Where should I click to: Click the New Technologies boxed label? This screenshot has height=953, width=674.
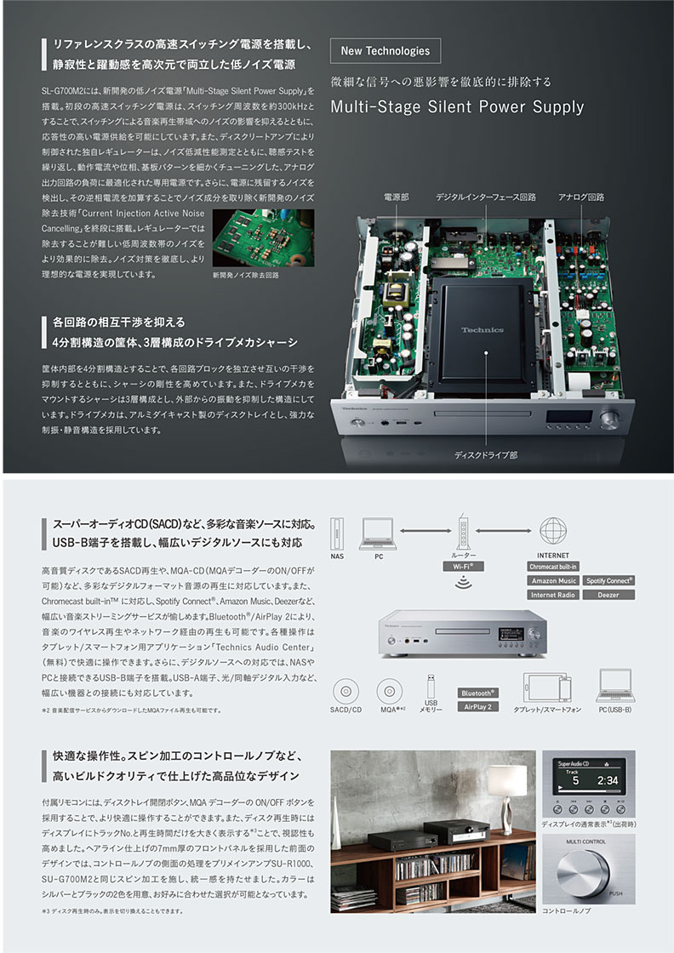click(x=385, y=50)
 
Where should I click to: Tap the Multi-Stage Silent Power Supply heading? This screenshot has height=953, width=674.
click(x=457, y=107)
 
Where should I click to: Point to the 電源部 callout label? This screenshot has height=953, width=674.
click(x=397, y=197)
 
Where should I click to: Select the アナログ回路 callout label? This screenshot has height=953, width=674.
click(x=581, y=197)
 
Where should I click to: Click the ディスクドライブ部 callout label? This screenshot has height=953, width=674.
click(x=486, y=455)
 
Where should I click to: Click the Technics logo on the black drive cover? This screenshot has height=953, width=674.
click(x=483, y=329)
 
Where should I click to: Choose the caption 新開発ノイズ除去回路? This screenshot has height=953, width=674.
click(x=246, y=276)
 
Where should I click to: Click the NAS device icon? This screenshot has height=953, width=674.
click(x=338, y=532)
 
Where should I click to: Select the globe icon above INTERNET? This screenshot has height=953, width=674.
click(x=553, y=531)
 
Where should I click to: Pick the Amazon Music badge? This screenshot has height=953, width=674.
click(x=553, y=580)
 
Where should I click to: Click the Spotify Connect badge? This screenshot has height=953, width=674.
click(x=608, y=580)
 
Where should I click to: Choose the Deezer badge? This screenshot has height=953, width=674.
click(x=608, y=595)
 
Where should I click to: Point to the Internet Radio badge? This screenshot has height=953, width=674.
click(x=553, y=595)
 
